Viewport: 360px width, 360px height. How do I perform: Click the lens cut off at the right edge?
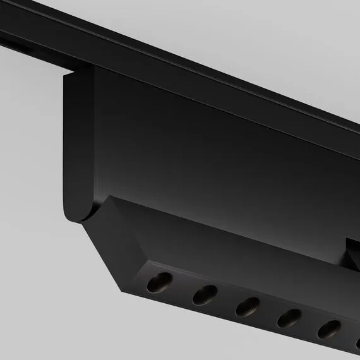click(357, 341)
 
